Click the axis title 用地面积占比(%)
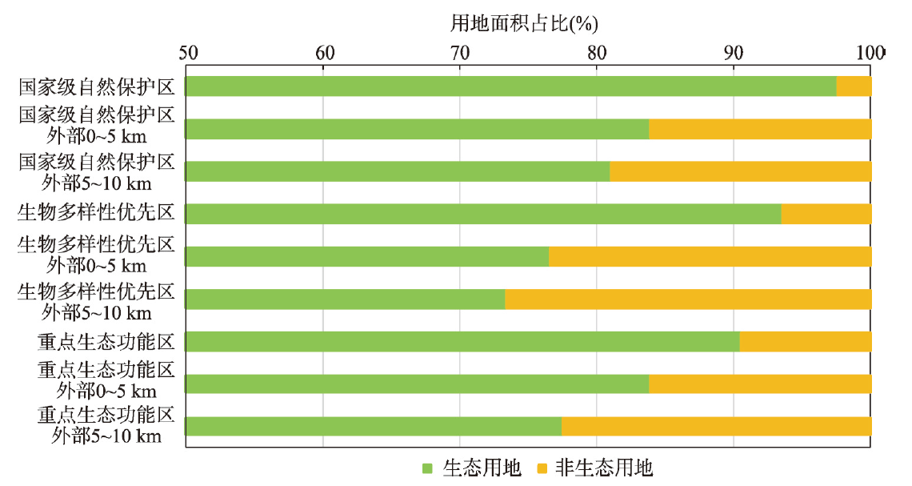tap(524, 23)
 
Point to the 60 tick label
tap(324, 53)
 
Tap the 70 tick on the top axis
tap(460, 53)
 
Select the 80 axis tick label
tap(597, 53)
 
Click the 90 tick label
tap(733, 53)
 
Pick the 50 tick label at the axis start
tap(188, 53)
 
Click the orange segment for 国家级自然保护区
tap(854, 86)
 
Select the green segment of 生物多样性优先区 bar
tap(483, 214)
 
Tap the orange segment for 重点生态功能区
tap(806, 342)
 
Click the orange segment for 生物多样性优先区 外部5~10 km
tap(688, 299)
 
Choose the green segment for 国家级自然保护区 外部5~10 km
tap(398, 171)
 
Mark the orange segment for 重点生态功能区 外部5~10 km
tap(716, 426)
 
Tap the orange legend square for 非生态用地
tap(540, 468)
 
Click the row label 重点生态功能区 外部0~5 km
tap(106, 380)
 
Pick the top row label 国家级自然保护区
tap(96, 86)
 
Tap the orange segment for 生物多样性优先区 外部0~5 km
tap(710, 256)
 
